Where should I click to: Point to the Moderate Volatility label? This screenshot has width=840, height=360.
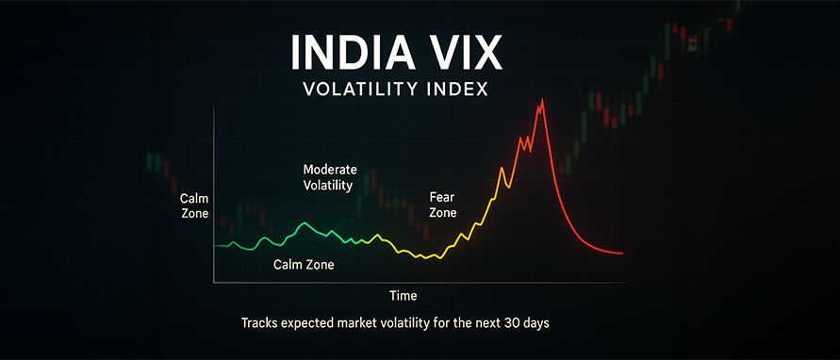(x=330, y=178)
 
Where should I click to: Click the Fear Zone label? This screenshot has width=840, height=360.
(x=443, y=205)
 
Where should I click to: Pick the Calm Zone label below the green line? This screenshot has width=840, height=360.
(x=304, y=265)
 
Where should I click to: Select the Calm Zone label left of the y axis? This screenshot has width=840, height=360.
(x=194, y=206)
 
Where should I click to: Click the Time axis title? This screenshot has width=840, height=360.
(x=404, y=296)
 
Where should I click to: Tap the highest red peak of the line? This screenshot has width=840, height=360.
(x=543, y=100)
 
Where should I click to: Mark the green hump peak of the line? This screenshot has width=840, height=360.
(x=305, y=222)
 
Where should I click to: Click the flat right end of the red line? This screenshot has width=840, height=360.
(x=621, y=253)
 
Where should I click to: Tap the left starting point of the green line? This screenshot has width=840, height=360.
(x=214, y=246)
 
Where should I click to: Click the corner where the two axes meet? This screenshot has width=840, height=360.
(x=214, y=282)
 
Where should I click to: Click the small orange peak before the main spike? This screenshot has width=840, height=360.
(x=502, y=169)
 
